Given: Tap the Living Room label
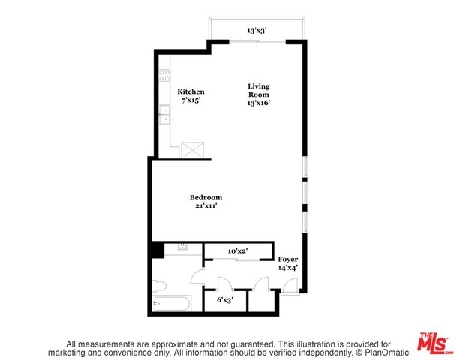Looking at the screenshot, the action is (x=259, y=90).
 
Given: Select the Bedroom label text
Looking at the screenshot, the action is (x=206, y=197).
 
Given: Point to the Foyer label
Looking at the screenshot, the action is (x=288, y=259).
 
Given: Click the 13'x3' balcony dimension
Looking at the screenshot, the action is (x=257, y=30).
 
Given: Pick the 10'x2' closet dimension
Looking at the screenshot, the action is (x=238, y=250).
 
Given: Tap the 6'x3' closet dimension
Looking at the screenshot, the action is (x=224, y=299).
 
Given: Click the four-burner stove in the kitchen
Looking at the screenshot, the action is (x=164, y=75).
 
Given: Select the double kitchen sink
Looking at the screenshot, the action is (x=164, y=115).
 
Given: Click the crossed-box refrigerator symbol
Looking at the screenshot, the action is (x=192, y=150).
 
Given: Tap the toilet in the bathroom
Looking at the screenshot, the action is (x=159, y=286).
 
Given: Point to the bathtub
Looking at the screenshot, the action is (x=172, y=304).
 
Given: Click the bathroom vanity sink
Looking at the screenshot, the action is (x=183, y=247).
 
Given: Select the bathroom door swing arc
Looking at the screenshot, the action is (x=196, y=275).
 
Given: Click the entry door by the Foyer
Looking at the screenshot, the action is (x=290, y=287).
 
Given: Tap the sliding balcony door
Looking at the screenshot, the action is (x=257, y=42).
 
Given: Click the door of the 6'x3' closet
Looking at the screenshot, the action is (x=225, y=283).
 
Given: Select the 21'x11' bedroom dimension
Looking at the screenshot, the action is (x=206, y=206).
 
